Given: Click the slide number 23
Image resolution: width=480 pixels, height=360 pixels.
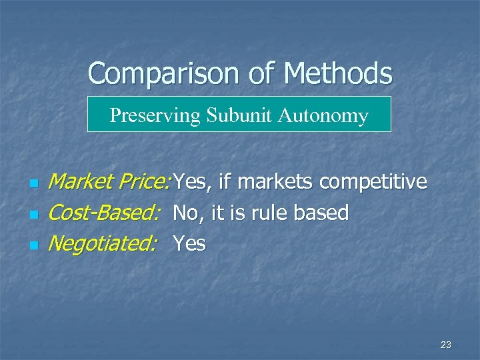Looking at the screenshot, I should pos(446,345).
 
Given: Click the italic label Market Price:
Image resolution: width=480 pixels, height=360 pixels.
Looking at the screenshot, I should pos(111,181).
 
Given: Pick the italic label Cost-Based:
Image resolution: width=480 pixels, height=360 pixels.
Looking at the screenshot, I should pos(105,213).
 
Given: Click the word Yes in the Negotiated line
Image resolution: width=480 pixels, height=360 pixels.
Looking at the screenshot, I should pos(189,244).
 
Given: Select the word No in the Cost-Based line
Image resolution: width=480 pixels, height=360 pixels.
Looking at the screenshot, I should pos(185,213).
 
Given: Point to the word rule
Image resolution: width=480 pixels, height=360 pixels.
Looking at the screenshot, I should pos(272,213).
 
